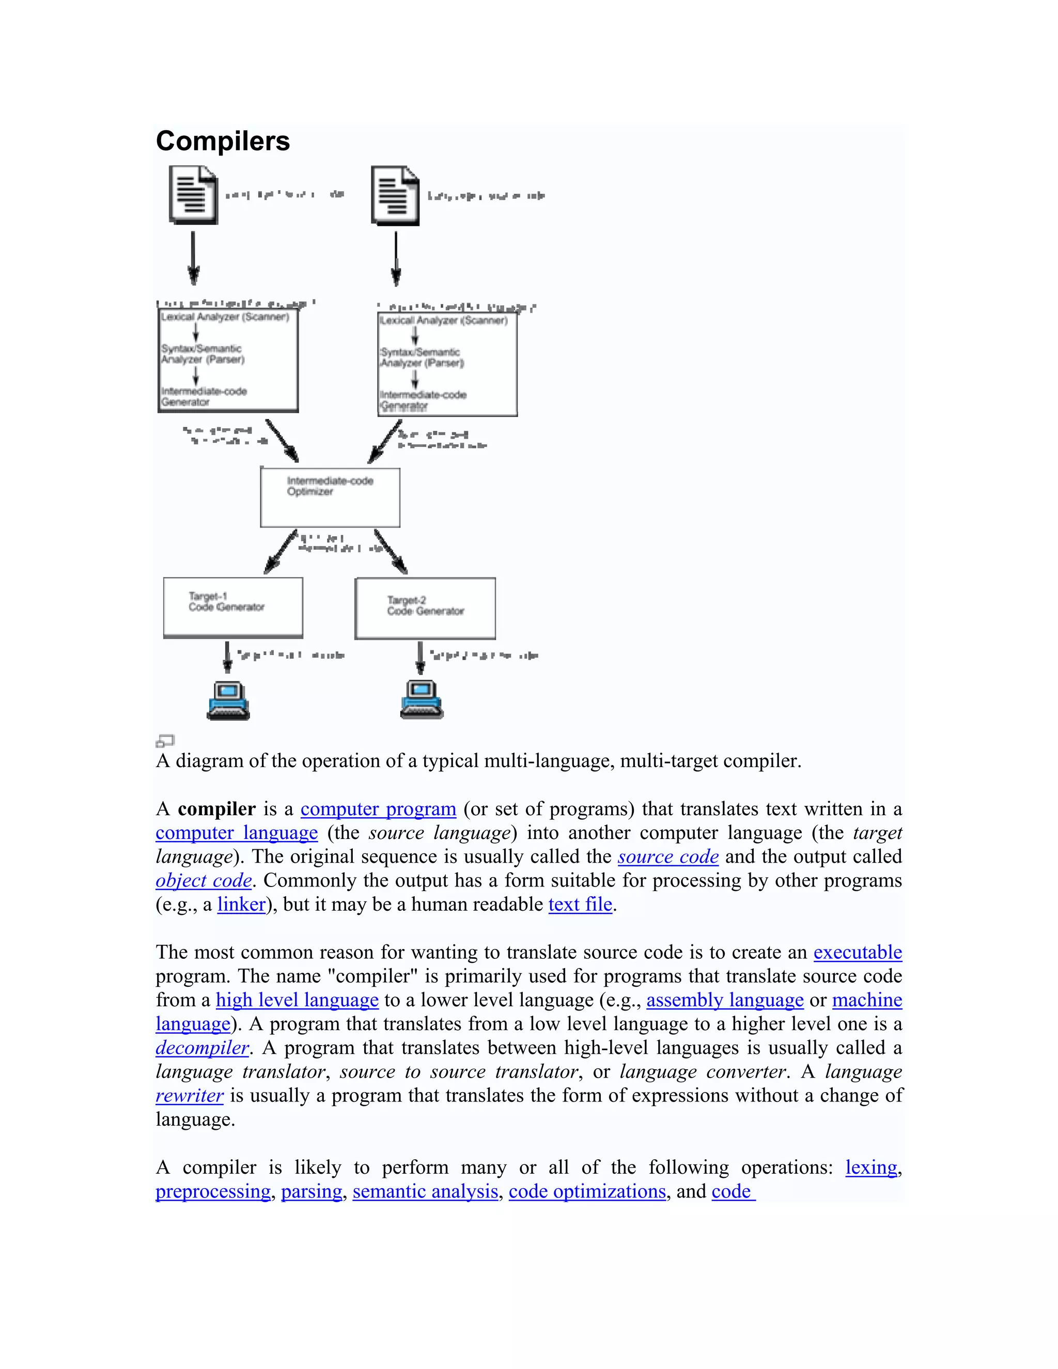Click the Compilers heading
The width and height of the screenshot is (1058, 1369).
tap(223, 141)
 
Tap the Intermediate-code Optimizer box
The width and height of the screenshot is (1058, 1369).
tap(330, 497)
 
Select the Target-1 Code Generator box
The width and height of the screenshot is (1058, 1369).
tap(232, 607)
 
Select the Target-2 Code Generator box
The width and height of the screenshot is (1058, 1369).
tap(425, 608)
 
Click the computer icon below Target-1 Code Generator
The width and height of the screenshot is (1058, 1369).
tap(228, 700)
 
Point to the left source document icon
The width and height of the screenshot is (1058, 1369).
tap(193, 194)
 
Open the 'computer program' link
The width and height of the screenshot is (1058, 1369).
tap(378, 808)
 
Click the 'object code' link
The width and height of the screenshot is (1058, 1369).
tap(204, 880)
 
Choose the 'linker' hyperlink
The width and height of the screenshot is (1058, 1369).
tap(241, 904)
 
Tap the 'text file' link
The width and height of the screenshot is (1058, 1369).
tap(580, 904)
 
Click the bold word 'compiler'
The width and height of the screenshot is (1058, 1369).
tap(217, 808)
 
